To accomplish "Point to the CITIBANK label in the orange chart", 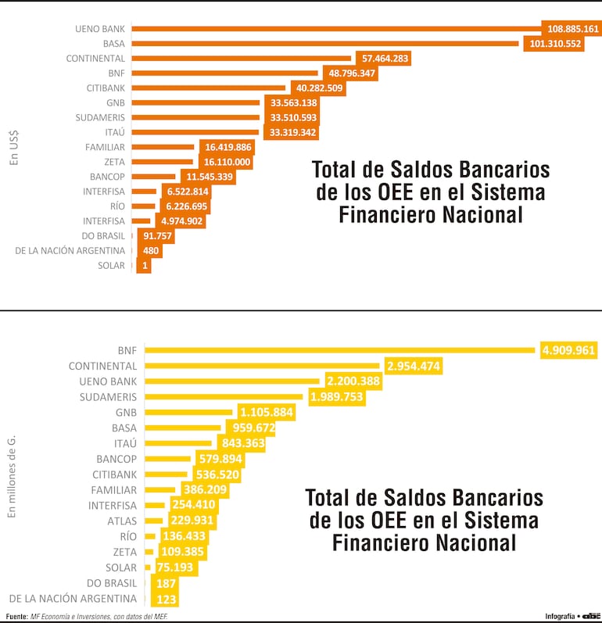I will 106,88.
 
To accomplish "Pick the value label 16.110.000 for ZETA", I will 228,162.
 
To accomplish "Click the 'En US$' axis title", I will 13,148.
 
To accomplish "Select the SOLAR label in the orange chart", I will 113,266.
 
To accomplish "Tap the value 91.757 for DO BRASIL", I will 158,236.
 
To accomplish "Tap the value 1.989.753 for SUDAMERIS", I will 336,397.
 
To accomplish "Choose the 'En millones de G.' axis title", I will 12,477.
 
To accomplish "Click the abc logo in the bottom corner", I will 589,616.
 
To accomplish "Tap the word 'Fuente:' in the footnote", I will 16,617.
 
